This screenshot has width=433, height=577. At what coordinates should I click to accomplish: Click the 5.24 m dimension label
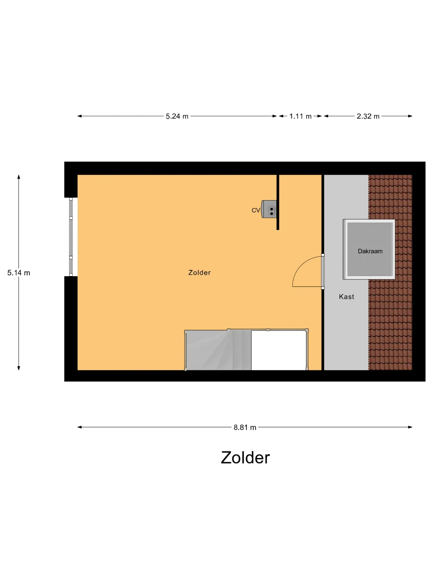pyautogui.click(x=177, y=116)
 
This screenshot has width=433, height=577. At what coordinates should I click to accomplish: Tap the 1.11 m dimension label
pyautogui.click(x=300, y=116)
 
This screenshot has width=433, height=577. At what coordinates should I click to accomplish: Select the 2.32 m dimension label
pyautogui.click(x=368, y=116)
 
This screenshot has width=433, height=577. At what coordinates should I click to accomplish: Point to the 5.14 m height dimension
pyautogui.click(x=19, y=273)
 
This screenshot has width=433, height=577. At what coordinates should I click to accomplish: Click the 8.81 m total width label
pyautogui.click(x=245, y=427)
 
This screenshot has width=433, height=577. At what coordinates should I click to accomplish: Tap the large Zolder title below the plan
pyautogui.click(x=245, y=458)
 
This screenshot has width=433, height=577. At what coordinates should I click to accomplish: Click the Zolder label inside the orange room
pyautogui.click(x=199, y=272)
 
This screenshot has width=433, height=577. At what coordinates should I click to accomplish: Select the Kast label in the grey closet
pyautogui.click(x=346, y=297)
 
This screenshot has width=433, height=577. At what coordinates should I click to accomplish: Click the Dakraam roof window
pyautogui.click(x=369, y=249)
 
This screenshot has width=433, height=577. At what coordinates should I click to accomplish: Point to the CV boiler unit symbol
pyautogui.click(x=269, y=209)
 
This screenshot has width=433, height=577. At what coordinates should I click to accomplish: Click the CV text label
pyautogui.click(x=256, y=210)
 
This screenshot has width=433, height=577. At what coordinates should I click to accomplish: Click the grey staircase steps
pyautogui.click(x=218, y=350)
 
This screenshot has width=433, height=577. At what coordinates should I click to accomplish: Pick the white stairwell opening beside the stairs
pyautogui.click(x=279, y=350)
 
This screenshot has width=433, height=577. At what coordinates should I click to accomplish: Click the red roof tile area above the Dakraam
pyautogui.click(x=390, y=197)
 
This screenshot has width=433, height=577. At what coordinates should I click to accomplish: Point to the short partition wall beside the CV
pyautogui.click(x=278, y=202)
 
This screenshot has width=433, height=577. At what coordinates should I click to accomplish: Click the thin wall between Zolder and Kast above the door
pyautogui.click(x=323, y=214)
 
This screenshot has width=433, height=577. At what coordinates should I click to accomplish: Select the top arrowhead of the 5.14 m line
pyautogui.click(x=19, y=177)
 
